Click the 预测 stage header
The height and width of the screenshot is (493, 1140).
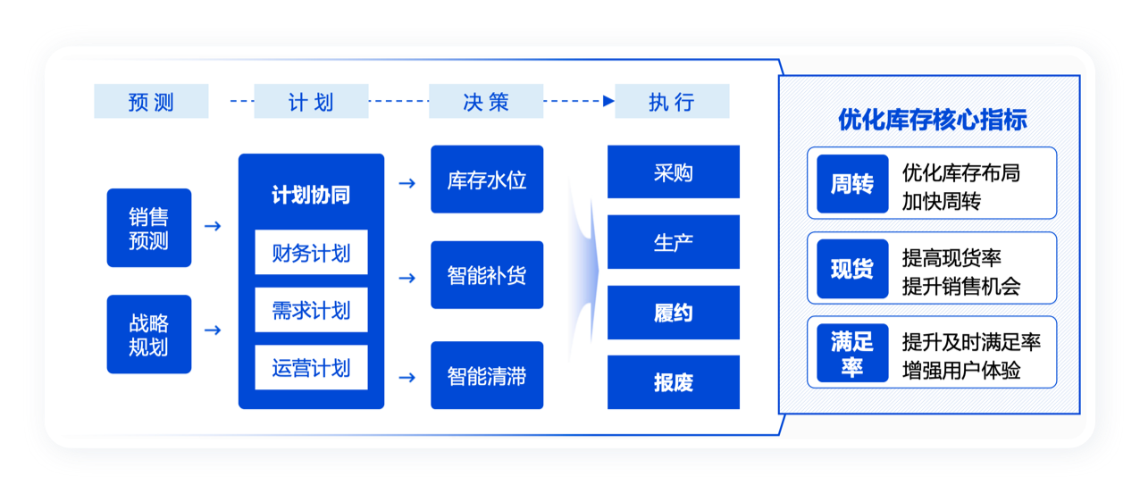(151, 101)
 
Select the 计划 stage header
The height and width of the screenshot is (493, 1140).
(311, 101)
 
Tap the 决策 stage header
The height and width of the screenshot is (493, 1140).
(486, 101)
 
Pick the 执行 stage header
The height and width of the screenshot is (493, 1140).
(672, 101)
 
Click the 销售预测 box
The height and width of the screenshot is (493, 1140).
(148, 228)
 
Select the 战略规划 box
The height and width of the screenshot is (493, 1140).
(148, 334)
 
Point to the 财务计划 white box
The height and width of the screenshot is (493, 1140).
(311, 254)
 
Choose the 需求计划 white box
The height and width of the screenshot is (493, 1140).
(311, 311)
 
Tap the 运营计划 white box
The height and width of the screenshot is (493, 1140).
(311, 368)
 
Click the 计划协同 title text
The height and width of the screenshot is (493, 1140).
(311, 196)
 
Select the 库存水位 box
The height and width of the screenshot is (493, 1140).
(487, 180)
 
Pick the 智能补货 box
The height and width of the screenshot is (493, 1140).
(487, 275)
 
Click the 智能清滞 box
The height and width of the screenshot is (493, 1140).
(487, 376)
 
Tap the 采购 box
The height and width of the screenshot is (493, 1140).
(673, 172)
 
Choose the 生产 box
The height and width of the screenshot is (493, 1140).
(673, 242)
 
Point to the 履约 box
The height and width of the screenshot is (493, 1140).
(673, 313)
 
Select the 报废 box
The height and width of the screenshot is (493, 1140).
(673, 382)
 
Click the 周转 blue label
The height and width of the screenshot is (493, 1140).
(852, 184)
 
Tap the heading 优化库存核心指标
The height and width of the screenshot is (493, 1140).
(932, 120)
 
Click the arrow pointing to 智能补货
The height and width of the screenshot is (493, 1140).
(407, 278)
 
